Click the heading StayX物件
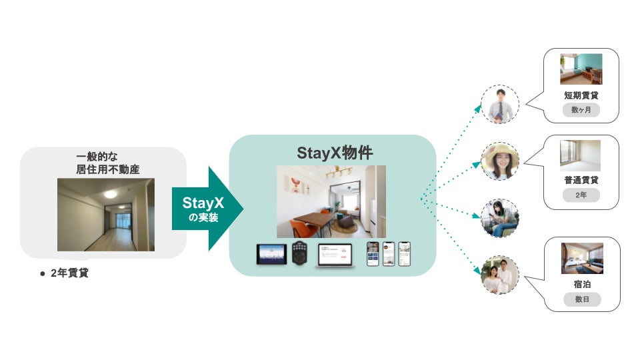(x=332, y=152)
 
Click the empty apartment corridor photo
(x=105, y=214)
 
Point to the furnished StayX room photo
(x=331, y=201)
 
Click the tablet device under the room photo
(x=271, y=254)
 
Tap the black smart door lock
(x=299, y=254)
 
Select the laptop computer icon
(x=335, y=255)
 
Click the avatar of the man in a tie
(x=500, y=105)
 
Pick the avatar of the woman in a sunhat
(x=500, y=161)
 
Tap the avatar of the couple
(x=500, y=275)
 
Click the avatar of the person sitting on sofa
(x=500, y=218)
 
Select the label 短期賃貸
(x=581, y=95)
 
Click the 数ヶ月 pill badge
(x=581, y=110)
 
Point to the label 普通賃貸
(x=581, y=180)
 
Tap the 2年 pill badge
(x=581, y=195)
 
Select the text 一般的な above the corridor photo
(x=98, y=158)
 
